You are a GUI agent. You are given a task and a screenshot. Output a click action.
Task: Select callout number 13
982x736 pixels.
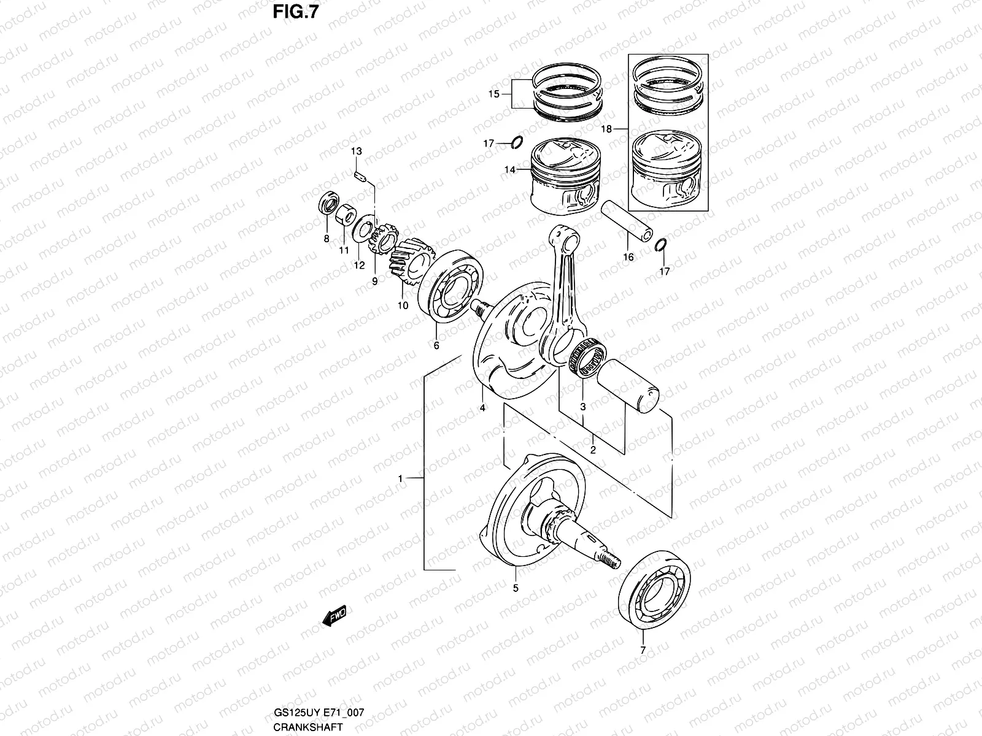[357, 151]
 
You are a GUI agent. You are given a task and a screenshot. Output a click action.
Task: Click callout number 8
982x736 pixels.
[326, 239]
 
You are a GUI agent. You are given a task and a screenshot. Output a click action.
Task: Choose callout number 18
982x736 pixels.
[606, 129]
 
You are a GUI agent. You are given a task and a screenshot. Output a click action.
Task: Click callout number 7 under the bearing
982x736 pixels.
[643, 650]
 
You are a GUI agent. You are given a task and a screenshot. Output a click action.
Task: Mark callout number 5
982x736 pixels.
[516, 588]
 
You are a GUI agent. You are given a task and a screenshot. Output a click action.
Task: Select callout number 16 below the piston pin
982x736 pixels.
[628, 258]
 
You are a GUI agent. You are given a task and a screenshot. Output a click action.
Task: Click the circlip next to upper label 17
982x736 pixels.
[517, 144]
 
